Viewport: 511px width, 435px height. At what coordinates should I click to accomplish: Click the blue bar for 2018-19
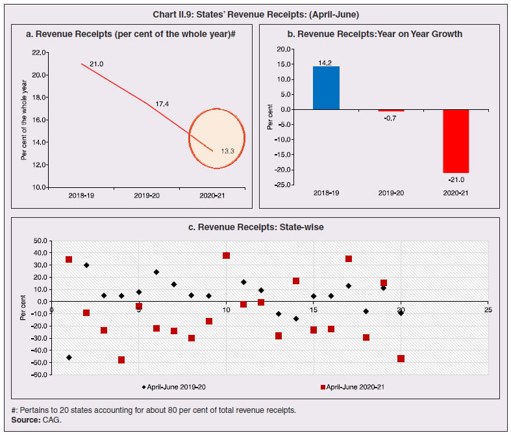pos(326,88)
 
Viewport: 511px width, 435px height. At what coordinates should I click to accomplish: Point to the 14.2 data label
pos(326,62)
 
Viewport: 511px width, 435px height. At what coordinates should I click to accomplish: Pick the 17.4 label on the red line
pos(162,104)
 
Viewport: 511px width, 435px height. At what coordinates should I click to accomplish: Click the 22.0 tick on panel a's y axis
pos(39,52)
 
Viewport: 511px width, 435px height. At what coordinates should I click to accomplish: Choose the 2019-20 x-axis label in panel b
pos(391,193)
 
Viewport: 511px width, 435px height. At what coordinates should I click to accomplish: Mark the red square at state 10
pos(227,256)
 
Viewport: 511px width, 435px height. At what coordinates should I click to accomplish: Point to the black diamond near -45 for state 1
pos(69,358)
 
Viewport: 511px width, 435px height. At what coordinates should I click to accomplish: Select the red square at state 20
pos(401,359)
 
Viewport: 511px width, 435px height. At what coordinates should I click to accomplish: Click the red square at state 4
pos(121,360)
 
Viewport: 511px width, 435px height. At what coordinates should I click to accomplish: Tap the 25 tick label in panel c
pos(488,310)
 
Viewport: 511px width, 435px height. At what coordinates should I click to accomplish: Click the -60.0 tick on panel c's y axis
pos(38,375)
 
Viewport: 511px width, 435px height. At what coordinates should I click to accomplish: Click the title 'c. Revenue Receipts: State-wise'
pos(255,227)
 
